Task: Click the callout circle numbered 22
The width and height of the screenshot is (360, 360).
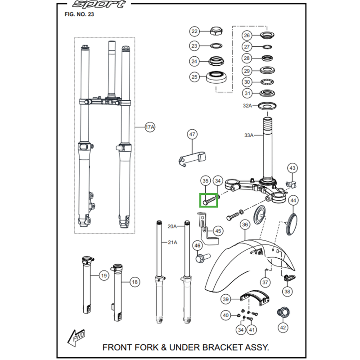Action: coord(194,31)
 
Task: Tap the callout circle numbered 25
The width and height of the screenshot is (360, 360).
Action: coord(194,77)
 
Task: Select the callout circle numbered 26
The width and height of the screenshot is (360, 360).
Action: coord(246,36)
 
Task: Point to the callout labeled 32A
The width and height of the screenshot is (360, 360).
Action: coord(247,106)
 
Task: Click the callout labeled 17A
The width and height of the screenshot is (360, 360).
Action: coord(150,127)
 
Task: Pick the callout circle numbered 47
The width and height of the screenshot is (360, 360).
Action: coord(192,135)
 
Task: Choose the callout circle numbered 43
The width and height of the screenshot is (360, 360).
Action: coord(292,168)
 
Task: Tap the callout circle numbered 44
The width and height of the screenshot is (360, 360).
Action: coord(293,200)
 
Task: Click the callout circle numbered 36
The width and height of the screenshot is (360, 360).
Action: coord(245,225)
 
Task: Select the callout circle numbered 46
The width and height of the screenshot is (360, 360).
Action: coord(197,246)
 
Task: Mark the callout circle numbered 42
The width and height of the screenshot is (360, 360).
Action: coord(283,328)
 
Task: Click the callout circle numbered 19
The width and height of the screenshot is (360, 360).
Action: coord(103,275)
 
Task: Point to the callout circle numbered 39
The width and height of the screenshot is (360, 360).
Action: coord(226,299)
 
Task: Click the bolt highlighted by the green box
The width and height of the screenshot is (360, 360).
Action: coord(209,199)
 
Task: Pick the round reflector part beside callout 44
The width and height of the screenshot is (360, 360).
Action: coord(293,223)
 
